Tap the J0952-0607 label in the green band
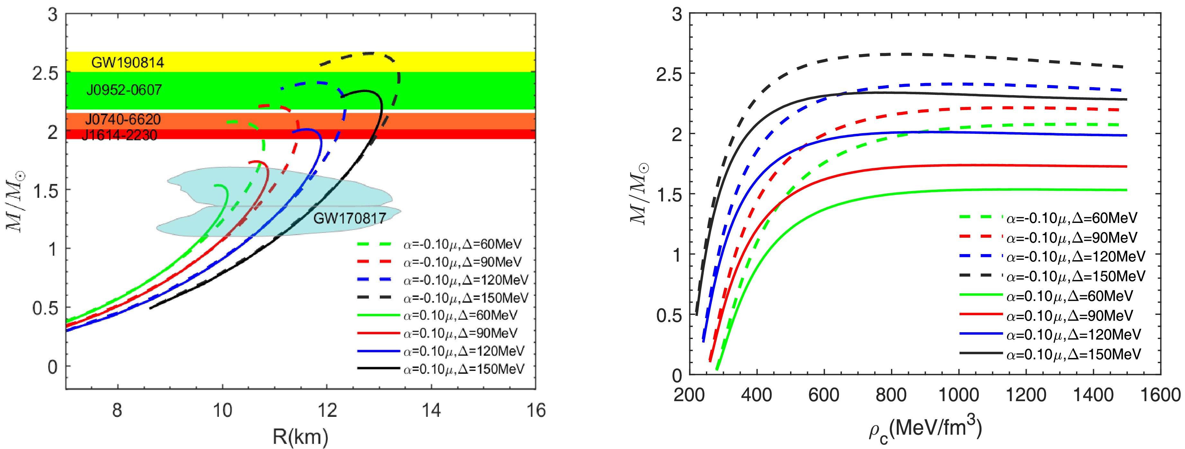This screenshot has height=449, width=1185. pos(124,90)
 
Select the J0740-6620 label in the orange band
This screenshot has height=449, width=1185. pos(123,120)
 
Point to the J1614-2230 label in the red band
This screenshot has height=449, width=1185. pos(120,135)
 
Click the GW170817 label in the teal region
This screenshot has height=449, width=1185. pos(349,218)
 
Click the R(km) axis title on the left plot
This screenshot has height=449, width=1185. pos(301,436)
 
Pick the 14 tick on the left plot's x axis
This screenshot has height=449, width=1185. pos(431,409)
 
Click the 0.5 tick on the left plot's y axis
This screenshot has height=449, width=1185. pos(46,307)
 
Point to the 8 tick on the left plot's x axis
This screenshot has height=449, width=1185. pos(117,409)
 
